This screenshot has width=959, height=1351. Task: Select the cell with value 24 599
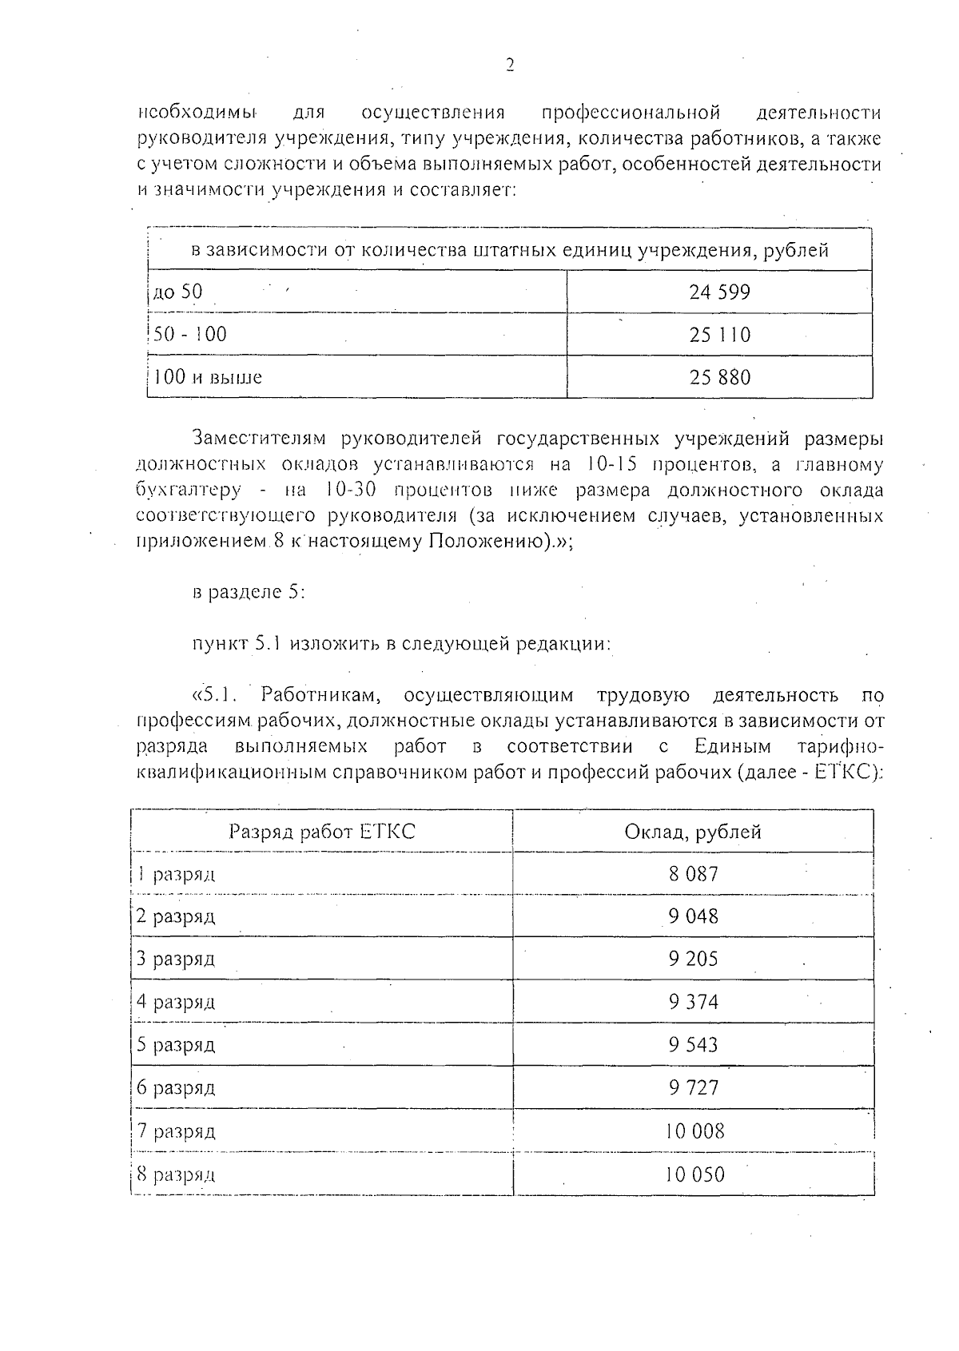(719, 292)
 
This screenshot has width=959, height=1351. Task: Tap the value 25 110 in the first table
(719, 335)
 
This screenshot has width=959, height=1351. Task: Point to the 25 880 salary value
(719, 377)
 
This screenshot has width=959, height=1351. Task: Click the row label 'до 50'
(177, 292)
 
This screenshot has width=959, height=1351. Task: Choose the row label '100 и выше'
(207, 377)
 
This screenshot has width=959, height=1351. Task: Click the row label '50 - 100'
(189, 334)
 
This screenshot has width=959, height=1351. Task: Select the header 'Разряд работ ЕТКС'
(322, 832)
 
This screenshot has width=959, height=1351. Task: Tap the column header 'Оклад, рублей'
(693, 832)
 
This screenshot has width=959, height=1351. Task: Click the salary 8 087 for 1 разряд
(694, 874)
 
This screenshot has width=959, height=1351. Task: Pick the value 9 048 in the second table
(694, 916)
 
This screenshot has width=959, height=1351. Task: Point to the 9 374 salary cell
(694, 1002)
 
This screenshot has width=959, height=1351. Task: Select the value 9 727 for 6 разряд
(694, 1088)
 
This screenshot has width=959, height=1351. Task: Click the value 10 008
(694, 1131)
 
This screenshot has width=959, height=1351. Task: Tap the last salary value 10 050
(694, 1174)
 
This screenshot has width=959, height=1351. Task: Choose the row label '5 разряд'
(175, 1045)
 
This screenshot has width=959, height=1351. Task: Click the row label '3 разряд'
(175, 959)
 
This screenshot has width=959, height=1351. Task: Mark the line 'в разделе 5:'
(249, 593)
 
